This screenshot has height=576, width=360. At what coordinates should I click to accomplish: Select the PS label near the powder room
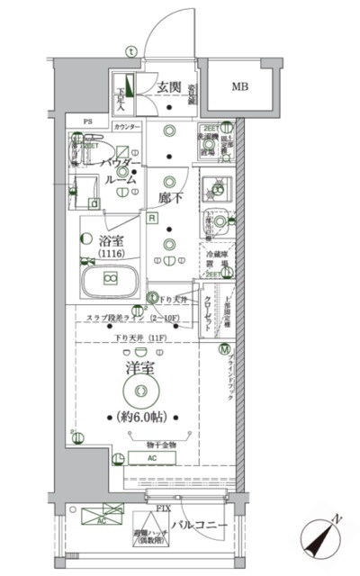coord(88,121)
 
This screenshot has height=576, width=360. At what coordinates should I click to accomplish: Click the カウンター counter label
coord(127,128)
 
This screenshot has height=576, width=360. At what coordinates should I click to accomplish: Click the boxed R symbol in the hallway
coord(153,219)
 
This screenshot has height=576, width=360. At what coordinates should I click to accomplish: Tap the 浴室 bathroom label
coord(112,240)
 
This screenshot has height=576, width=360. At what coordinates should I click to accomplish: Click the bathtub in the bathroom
coord(109,280)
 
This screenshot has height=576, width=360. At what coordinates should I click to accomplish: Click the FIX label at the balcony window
coord(163,509)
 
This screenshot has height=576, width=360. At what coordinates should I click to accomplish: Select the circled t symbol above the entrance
coord(131,50)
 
